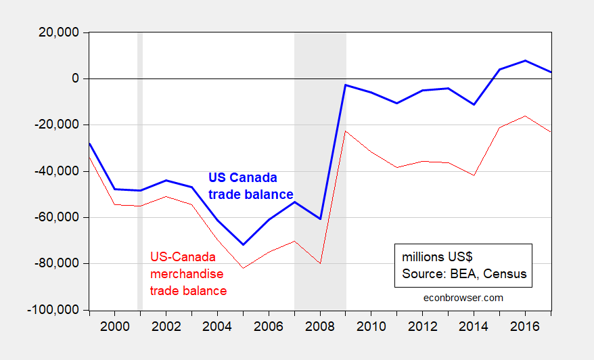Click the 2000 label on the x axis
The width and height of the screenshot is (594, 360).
114,326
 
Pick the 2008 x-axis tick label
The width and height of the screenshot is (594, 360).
320,326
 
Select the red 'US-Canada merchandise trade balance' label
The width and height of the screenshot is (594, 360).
188,273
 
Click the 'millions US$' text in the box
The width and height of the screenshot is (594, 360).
440,258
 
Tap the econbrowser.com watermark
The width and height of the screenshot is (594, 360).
463,297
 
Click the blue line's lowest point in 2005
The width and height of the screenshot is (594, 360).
243,244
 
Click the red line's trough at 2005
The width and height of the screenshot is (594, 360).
243,268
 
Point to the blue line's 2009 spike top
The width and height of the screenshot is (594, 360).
346,85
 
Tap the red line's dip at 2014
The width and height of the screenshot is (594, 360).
474,175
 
